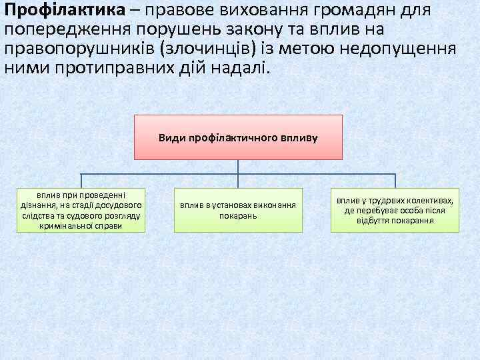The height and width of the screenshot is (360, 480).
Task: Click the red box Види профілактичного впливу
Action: (238, 137)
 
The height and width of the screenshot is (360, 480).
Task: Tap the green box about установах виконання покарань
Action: (238, 211)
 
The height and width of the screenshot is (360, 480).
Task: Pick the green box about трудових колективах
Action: (395, 211)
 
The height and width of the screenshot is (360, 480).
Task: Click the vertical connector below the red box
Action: (239, 167)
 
